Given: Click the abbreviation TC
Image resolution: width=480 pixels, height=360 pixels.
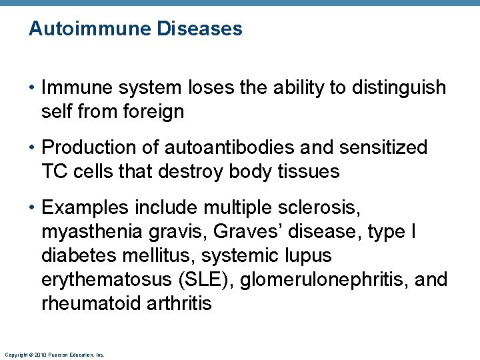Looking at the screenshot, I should [x=55, y=171].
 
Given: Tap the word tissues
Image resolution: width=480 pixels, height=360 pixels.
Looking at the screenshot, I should [x=308, y=171].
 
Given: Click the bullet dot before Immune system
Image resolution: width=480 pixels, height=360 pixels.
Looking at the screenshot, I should [x=32, y=88].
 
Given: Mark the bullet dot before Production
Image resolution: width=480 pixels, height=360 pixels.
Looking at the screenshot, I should [x=32, y=147].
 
